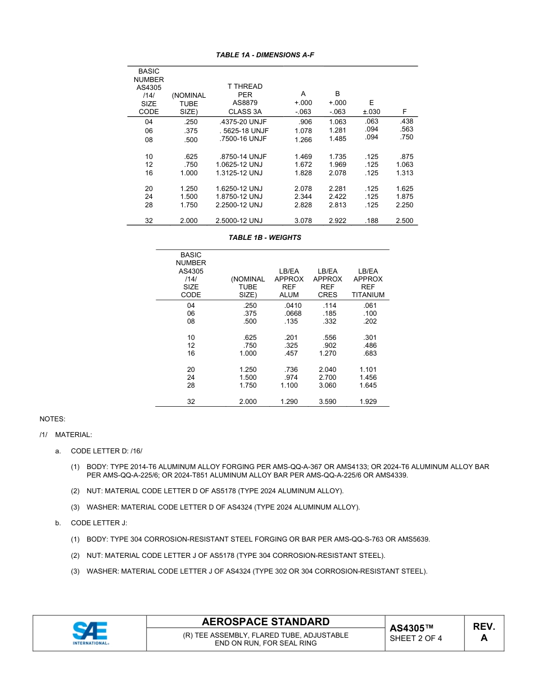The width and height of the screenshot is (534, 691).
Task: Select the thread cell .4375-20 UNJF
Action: tap(243, 122)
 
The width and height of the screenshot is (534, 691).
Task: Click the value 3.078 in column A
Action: tap(303, 221)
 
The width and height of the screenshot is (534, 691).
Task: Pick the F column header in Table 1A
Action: tap(404, 112)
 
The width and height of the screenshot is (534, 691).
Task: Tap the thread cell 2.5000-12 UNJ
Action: tap(239, 221)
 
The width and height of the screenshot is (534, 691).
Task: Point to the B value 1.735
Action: tap(337, 157)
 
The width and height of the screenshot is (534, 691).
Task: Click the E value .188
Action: tap(371, 221)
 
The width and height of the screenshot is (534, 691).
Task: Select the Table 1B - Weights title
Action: tap(265, 238)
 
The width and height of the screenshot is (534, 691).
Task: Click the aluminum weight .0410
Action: tap(293, 306)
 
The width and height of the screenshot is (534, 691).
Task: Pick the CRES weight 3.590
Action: tap(328, 402)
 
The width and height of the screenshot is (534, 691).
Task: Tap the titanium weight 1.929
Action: tap(368, 402)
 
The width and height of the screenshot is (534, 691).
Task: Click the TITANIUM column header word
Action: tap(368, 295)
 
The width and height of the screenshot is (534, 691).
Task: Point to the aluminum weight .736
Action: tap(291, 370)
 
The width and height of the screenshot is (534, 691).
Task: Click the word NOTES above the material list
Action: tap(52, 419)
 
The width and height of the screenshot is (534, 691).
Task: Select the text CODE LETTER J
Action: tap(99, 523)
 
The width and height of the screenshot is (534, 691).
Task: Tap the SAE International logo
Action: tap(90, 633)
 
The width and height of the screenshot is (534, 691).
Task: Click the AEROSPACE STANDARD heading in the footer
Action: tap(265, 622)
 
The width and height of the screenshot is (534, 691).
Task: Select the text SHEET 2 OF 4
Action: tap(415, 638)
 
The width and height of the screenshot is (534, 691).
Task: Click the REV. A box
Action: tap(483, 632)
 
